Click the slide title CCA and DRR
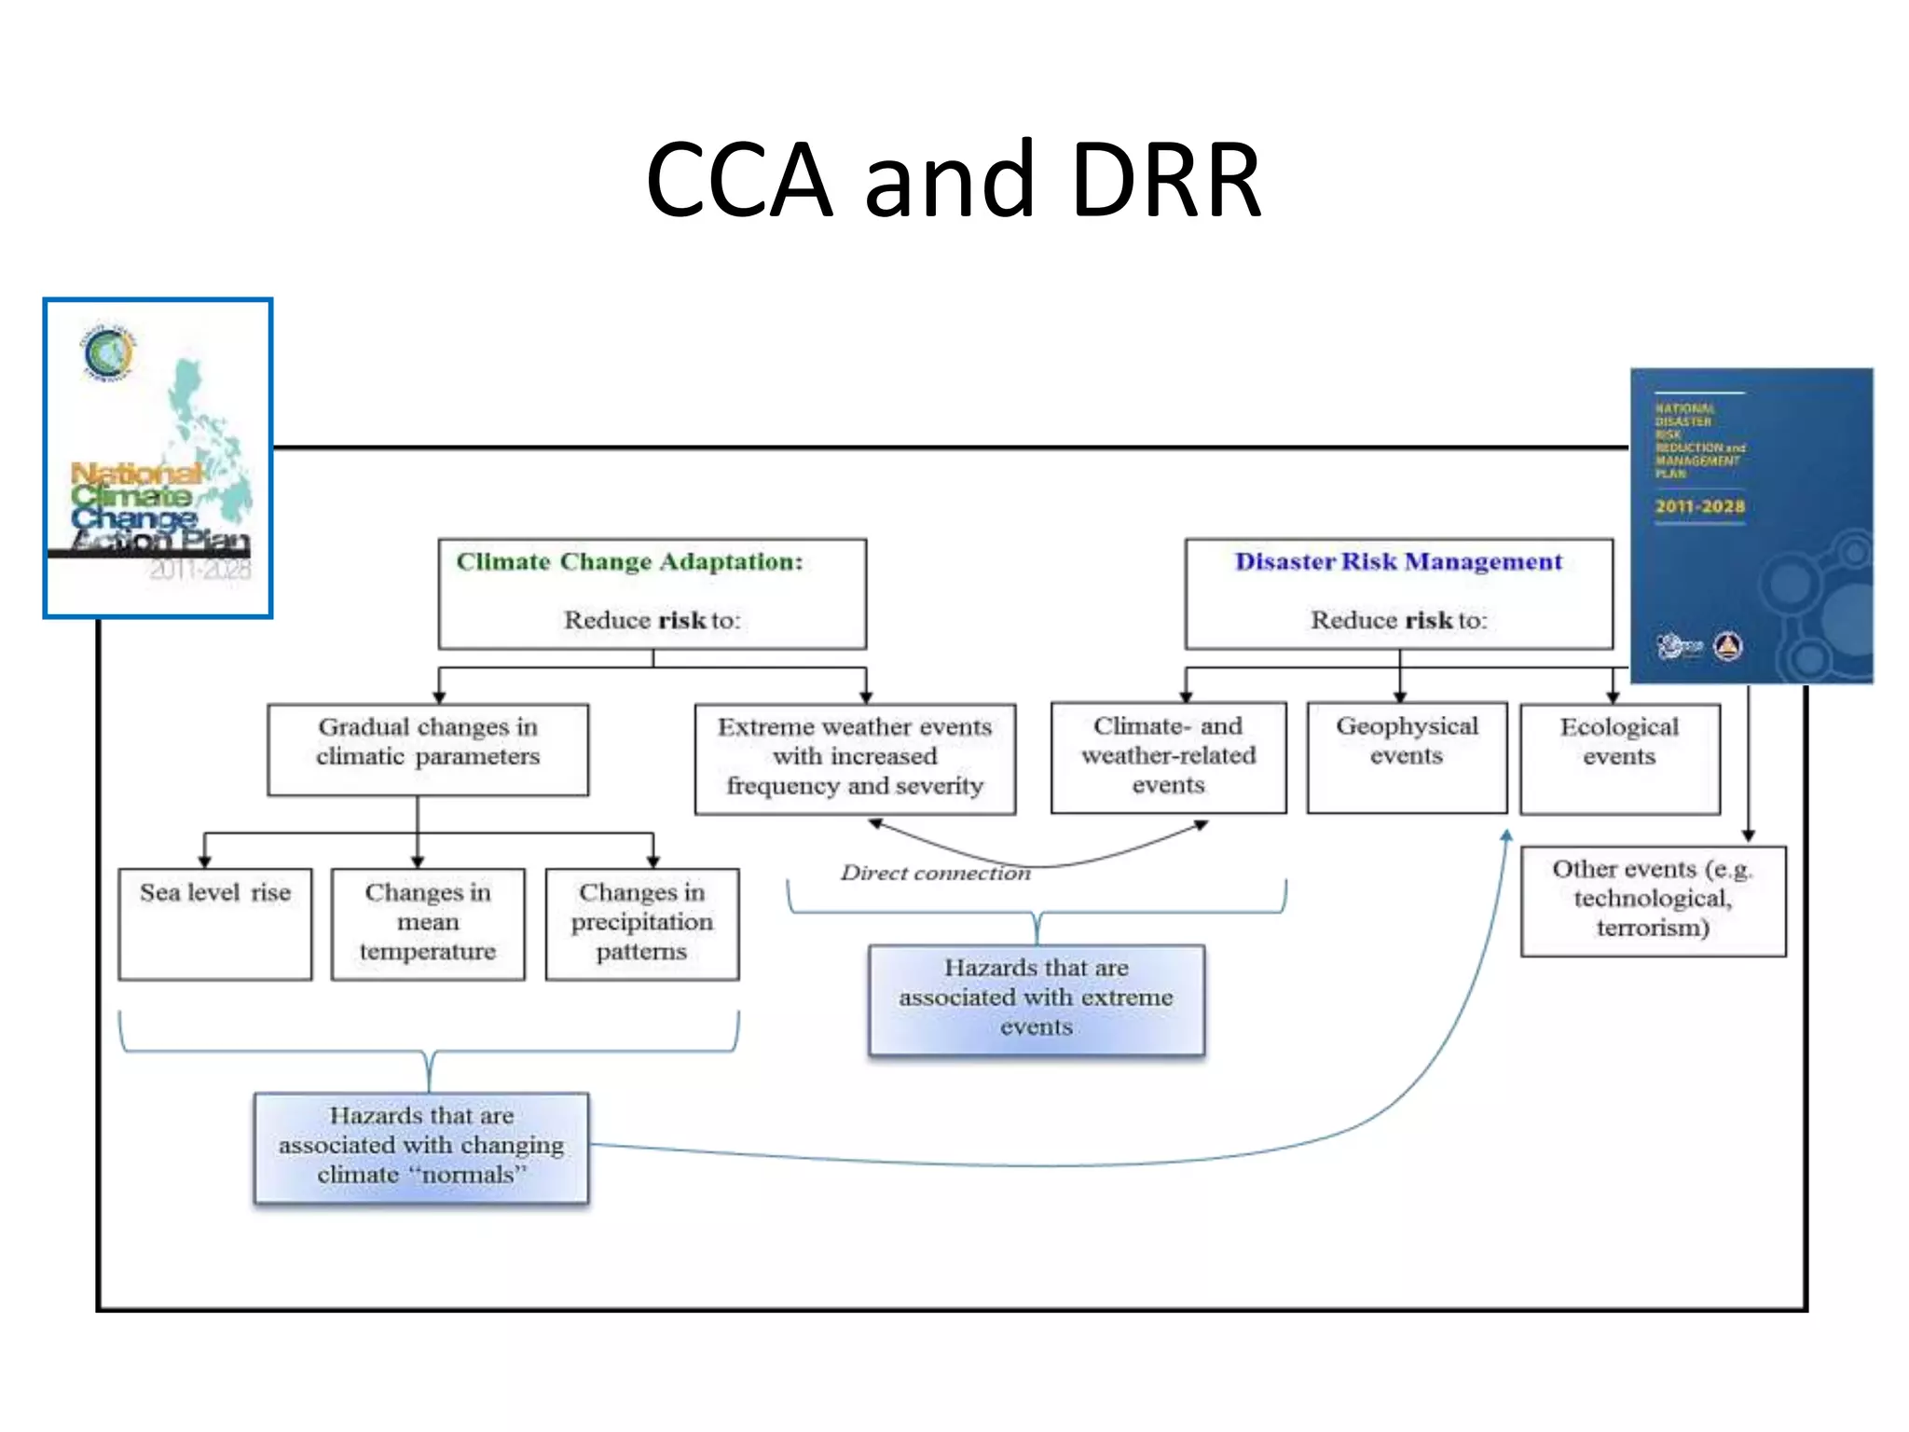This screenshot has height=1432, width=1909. pos(953,179)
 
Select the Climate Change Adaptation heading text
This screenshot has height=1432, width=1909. pos(629,562)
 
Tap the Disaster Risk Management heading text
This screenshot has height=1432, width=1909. pos(1398,562)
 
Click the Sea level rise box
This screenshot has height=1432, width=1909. pos(215,923)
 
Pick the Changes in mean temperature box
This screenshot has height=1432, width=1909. pos(428,923)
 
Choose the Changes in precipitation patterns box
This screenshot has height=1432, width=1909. pos(642,923)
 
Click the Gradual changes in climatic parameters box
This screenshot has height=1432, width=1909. pos(428,750)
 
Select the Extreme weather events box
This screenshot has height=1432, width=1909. pos(855,758)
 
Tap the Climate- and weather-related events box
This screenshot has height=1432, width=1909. pos(1168,757)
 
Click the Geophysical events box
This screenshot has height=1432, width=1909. pos(1407,757)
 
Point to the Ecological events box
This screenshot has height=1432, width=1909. pos(1619,758)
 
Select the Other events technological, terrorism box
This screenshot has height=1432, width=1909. pos(1653,901)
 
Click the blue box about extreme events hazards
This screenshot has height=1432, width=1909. pos(1037,999)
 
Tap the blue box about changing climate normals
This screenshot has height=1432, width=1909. pos(421,1147)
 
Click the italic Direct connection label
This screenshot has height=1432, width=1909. pos(935,874)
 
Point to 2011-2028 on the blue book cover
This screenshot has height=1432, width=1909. pos(1699,507)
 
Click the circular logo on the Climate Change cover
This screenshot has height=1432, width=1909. pos(108,352)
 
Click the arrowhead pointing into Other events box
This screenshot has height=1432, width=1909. pos(1749,835)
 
